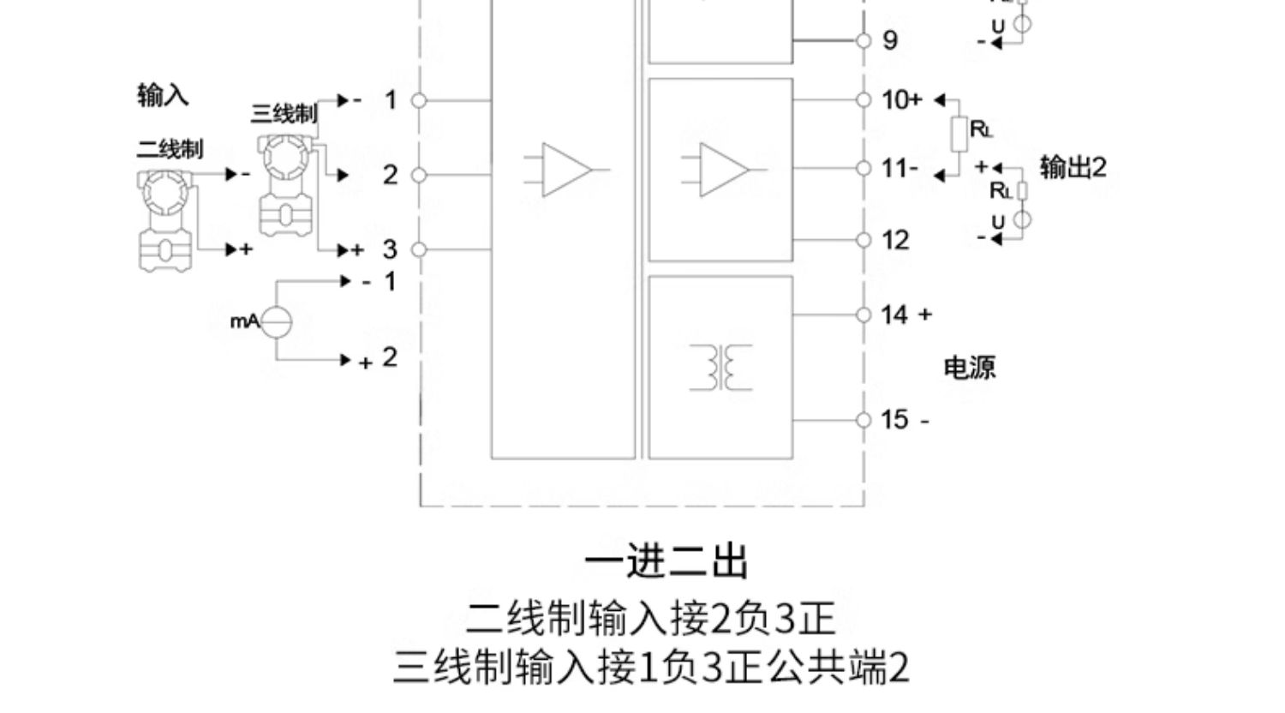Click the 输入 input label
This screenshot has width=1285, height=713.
(x=163, y=94)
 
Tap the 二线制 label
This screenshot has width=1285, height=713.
(x=170, y=149)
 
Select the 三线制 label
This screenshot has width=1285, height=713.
(x=284, y=113)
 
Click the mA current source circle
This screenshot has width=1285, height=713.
(x=276, y=322)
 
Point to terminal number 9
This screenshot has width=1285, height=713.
(x=890, y=40)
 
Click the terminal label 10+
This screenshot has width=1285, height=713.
(x=901, y=100)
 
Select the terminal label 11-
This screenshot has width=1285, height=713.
(x=899, y=168)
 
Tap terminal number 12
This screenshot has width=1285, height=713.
(x=895, y=240)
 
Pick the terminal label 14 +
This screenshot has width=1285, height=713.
(x=905, y=315)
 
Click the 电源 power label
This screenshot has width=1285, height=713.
(x=969, y=368)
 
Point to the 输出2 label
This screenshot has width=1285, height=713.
(x=1073, y=166)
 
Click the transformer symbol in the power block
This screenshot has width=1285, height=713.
(x=720, y=368)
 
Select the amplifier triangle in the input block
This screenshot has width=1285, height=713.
(x=565, y=170)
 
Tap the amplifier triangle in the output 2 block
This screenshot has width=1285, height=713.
(x=723, y=170)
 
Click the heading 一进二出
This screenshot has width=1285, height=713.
(x=666, y=562)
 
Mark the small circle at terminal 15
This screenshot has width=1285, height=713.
(x=864, y=420)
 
